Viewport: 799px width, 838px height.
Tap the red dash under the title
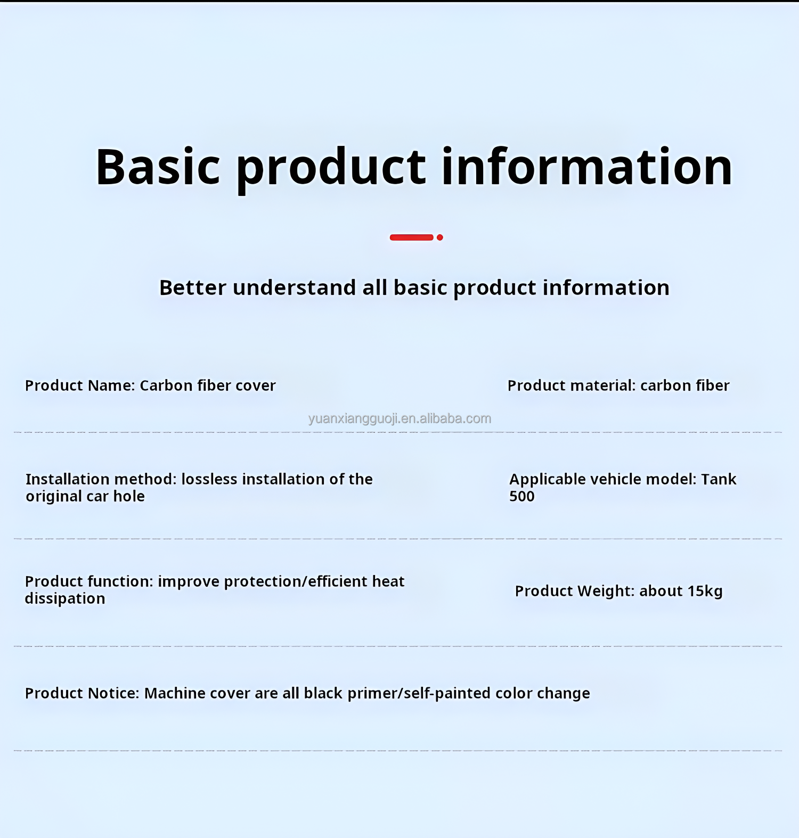(x=411, y=237)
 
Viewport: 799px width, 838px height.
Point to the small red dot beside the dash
(x=440, y=237)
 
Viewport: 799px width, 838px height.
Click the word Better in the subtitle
(x=193, y=287)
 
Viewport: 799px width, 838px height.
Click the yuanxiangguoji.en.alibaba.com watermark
(x=399, y=418)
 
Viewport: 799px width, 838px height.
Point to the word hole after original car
(x=129, y=496)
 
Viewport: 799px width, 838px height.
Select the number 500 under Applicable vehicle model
(x=522, y=496)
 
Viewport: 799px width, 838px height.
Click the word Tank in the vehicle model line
(x=719, y=479)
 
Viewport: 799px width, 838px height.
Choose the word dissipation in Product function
(x=65, y=598)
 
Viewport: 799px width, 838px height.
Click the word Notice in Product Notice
(x=113, y=693)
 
